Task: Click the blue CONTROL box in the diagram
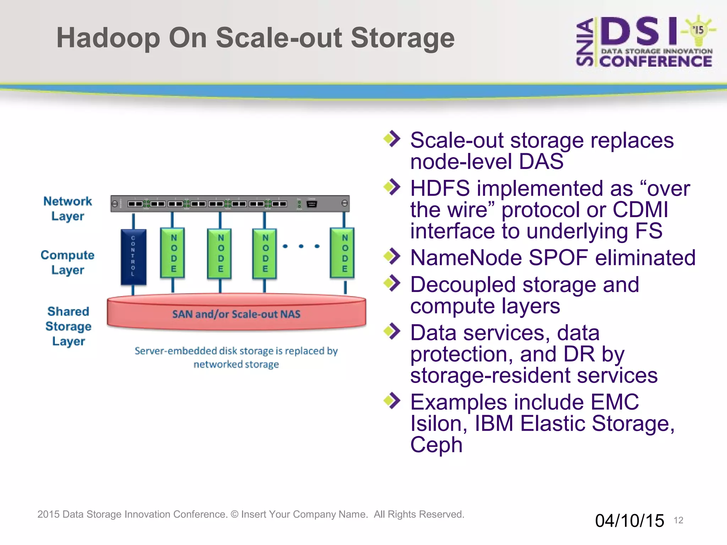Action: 133,257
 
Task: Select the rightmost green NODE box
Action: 343,253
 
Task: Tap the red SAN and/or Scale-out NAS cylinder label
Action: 236,314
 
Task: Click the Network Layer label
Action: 67,208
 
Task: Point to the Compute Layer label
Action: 67,262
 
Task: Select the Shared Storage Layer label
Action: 68,326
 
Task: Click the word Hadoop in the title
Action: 108,38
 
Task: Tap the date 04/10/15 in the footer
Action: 629,521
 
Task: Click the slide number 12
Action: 678,520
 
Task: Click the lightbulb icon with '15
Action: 698,30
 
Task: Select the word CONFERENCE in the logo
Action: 656,61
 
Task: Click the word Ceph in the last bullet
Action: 436,445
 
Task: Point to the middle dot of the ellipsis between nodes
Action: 301,246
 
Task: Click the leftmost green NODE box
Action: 173,253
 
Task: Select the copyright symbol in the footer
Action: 234,514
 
